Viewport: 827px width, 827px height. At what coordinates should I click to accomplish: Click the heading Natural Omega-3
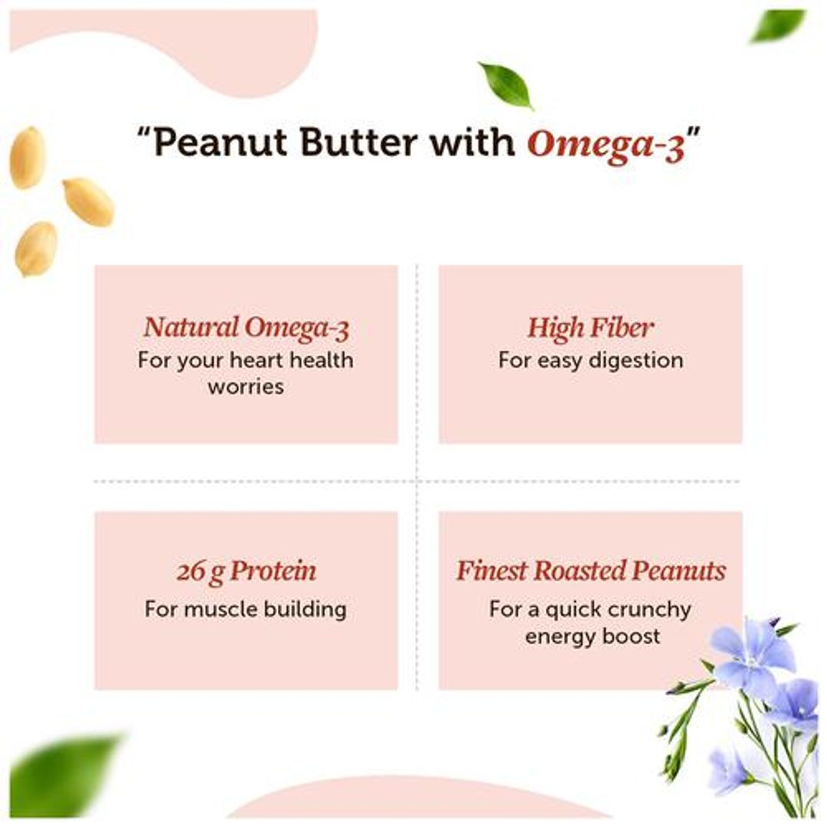(x=246, y=328)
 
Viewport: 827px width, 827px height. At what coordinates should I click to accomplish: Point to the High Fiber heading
(x=590, y=328)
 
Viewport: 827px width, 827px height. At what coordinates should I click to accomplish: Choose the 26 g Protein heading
(x=246, y=571)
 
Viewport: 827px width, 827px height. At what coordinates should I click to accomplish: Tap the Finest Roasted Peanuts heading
(x=590, y=571)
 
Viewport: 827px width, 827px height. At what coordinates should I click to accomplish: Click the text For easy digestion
(x=590, y=360)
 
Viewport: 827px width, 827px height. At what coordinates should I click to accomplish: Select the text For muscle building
(x=246, y=610)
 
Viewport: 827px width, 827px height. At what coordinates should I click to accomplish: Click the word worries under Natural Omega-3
(x=246, y=387)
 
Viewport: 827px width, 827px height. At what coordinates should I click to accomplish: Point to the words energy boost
(x=592, y=636)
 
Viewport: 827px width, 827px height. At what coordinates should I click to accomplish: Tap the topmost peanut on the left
(x=27, y=157)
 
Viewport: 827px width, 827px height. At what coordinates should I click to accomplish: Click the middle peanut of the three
(x=88, y=201)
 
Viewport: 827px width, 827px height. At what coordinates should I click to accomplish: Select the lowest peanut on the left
(x=36, y=248)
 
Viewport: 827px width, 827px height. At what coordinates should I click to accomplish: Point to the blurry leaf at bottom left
(x=65, y=775)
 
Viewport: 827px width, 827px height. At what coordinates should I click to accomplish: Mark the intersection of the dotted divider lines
(x=417, y=482)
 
